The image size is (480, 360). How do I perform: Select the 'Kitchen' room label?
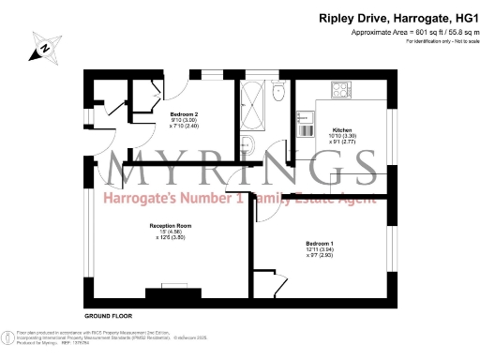point(339,129)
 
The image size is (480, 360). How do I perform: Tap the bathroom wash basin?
point(247,143)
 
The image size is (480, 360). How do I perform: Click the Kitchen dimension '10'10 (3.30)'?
point(339,136)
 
